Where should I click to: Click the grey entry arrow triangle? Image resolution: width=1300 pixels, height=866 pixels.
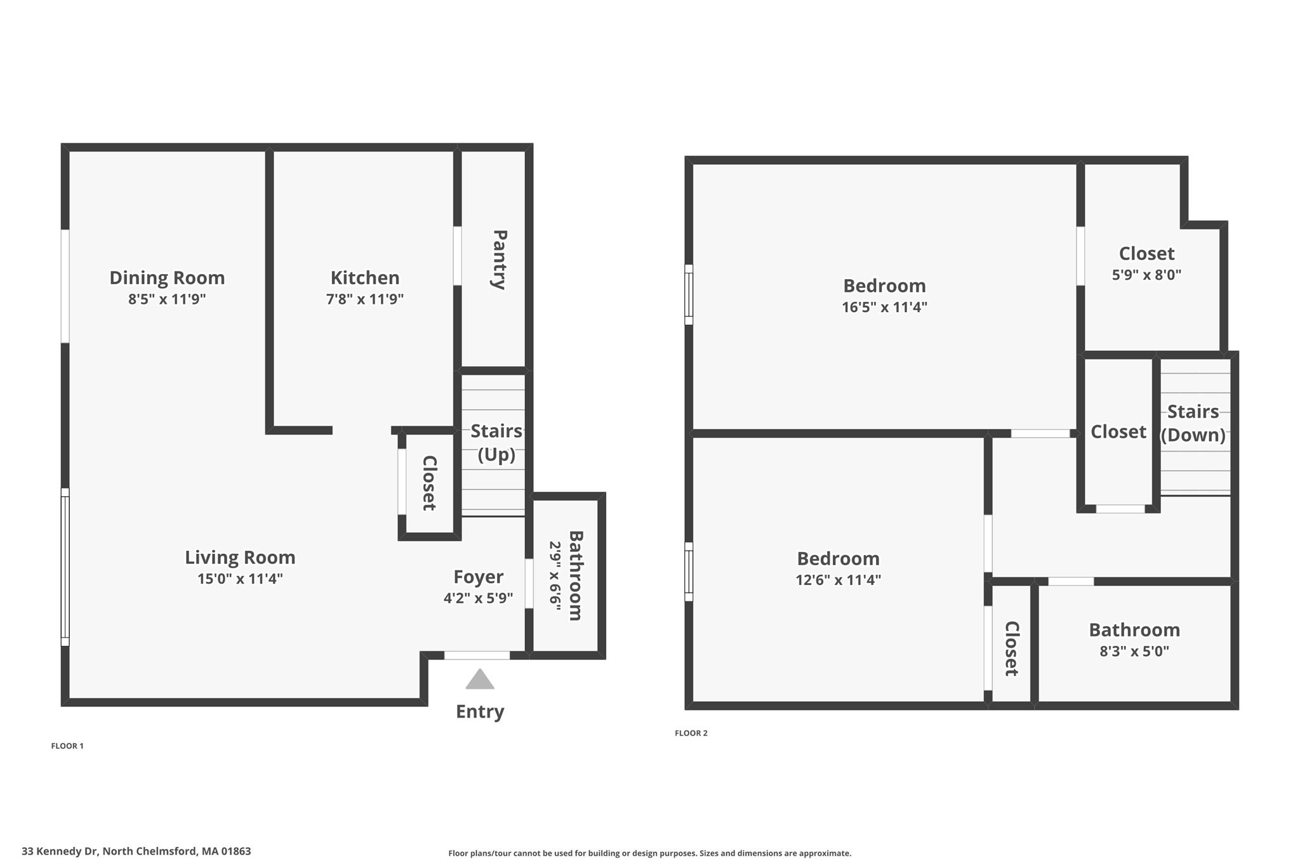click(479, 680)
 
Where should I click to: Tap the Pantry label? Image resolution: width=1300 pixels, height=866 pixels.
click(500, 259)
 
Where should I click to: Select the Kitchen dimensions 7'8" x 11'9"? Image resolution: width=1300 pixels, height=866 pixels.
click(364, 299)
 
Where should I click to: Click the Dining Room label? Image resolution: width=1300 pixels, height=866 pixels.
click(167, 278)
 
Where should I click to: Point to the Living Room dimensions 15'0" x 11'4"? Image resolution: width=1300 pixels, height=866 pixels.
click(239, 579)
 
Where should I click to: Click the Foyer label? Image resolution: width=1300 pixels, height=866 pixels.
click(478, 577)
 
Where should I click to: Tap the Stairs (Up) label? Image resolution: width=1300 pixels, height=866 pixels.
click(496, 443)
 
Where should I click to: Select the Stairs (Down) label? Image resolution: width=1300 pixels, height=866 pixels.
click(1193, 423)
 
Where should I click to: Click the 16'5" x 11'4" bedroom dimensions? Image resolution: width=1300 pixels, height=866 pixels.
click(884, 307)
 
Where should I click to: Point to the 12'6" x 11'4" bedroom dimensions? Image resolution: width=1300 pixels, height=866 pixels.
click(838, 580)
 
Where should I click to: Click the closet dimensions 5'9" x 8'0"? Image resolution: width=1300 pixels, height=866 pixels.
click(1146, 275)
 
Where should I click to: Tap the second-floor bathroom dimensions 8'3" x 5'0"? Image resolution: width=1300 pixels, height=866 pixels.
click(1134, 651)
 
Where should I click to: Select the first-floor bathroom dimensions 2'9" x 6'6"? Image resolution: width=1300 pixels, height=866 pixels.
click(555, 575)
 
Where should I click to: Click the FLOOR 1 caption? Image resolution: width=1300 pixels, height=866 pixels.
click(67, 746)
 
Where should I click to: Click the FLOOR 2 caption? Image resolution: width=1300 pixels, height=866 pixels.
click(691, 733)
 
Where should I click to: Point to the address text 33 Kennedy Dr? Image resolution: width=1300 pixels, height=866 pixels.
click(136, 851)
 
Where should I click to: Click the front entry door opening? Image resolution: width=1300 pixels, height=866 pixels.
click(477, 655)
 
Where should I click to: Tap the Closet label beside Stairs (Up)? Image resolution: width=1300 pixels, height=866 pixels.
click(429, 483)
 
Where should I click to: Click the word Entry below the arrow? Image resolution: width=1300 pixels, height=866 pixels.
click(480, 711)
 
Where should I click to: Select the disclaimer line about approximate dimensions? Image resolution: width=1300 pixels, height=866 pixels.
click(649, 853)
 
